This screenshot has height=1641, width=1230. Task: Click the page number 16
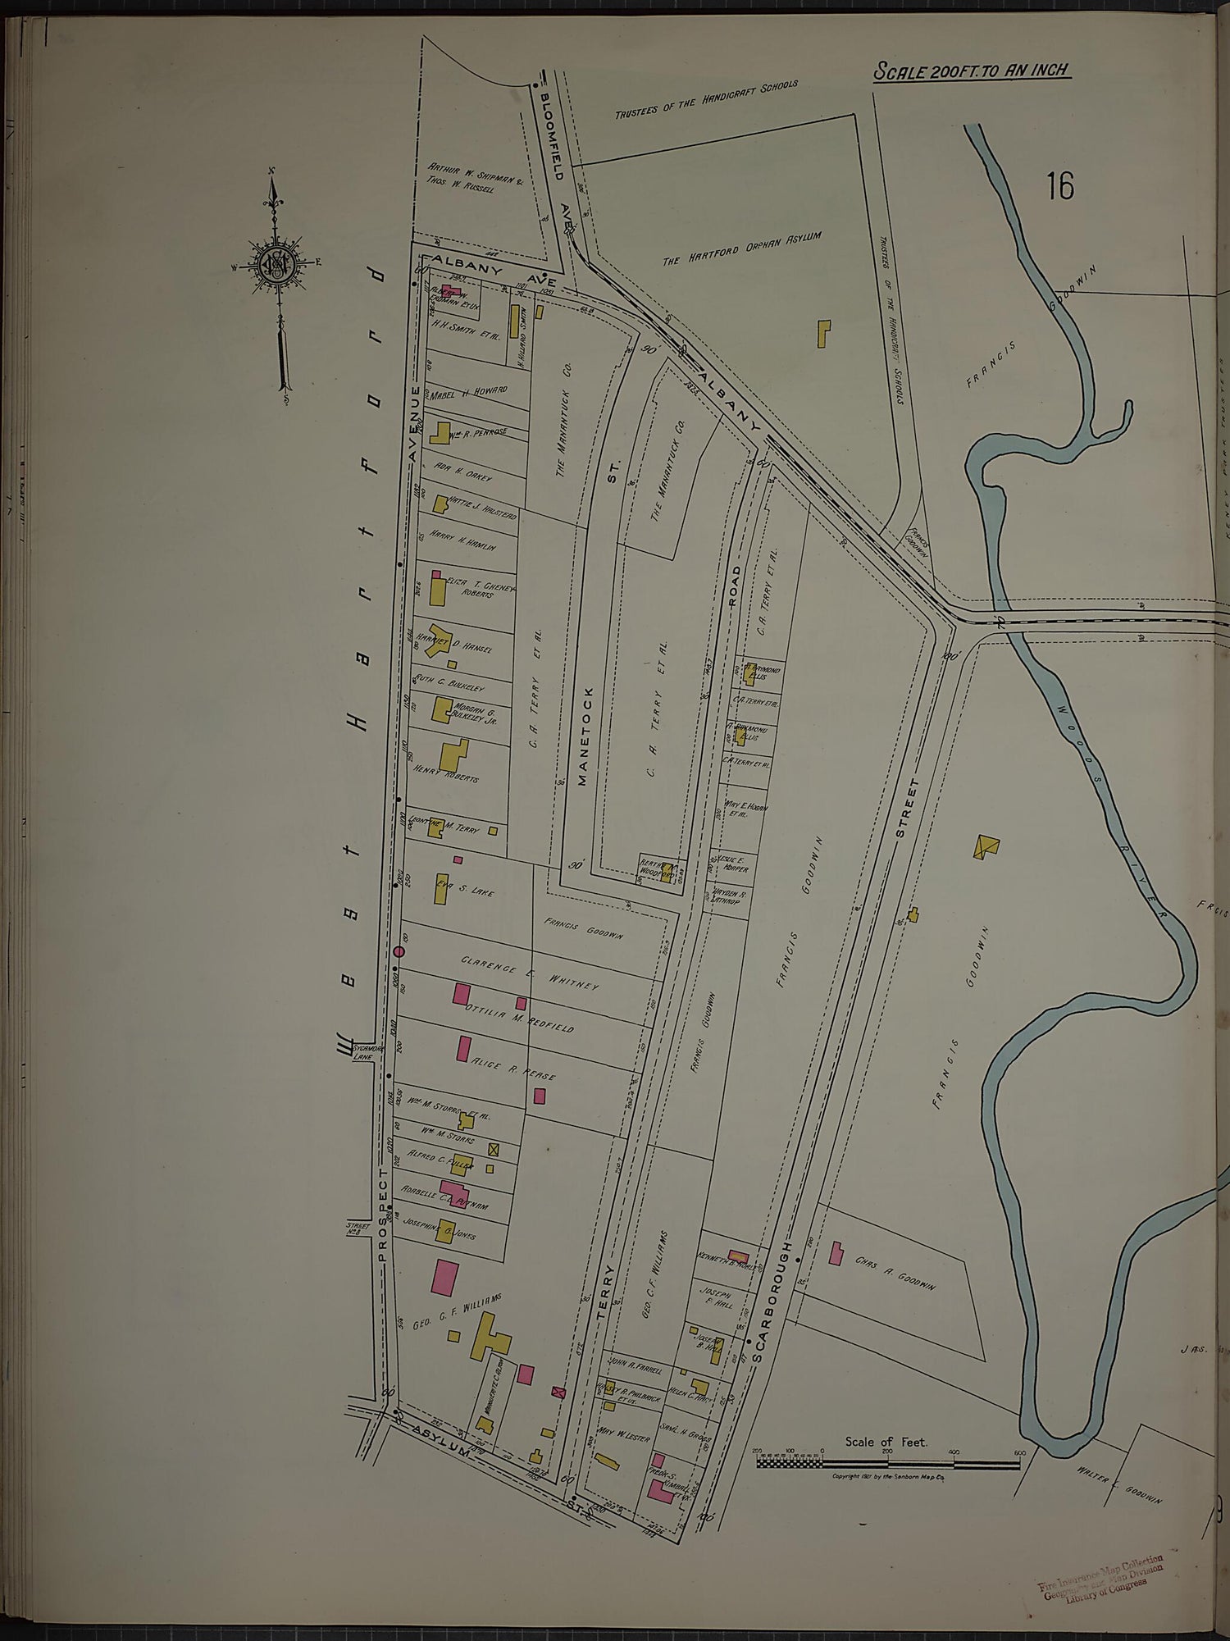[x=1059, y=186]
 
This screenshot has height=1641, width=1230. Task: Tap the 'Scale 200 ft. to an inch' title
[x=972, y=71]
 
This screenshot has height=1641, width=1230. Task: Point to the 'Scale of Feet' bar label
[x=886, y=1441]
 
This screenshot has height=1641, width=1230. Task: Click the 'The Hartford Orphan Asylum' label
[x=741, y=248]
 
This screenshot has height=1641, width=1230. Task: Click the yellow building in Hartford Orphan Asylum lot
[x=823, y=333]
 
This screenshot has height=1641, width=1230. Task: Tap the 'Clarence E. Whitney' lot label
[x=530, y=972]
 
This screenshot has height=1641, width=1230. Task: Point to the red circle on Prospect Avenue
[x=399, y=951]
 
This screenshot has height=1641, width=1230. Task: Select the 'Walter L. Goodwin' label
[x=1120, y=1483]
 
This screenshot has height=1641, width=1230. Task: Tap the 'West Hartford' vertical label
[x=361, y=656]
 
